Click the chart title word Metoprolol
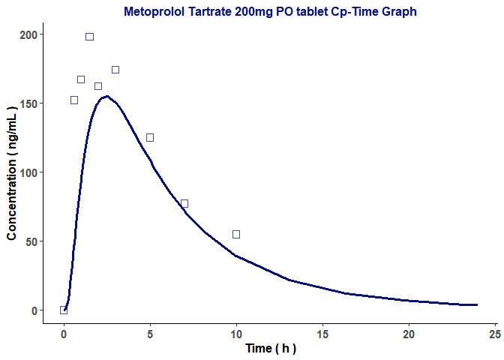pos(155,11)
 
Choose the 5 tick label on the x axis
pos(150,333)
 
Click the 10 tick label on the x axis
pos(236,333)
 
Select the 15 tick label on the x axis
pos(322,333)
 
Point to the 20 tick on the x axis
pos(409,333)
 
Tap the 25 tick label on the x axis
pos(495,333)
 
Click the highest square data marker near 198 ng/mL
pos(89,37)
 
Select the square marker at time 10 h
pos(236,234)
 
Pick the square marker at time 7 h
pos(184,203)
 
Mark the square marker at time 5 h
pos(150,137)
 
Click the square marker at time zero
pos(64,310)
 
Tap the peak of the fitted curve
pos(107,96)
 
